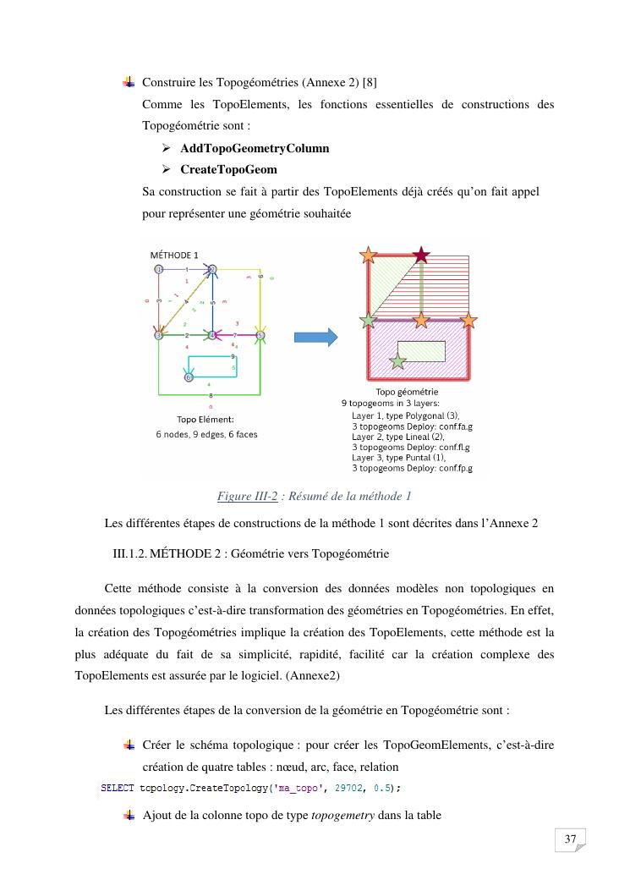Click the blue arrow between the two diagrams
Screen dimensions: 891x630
315,337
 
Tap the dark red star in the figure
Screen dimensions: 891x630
420,254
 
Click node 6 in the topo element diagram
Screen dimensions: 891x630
189,377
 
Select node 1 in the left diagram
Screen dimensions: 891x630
158,269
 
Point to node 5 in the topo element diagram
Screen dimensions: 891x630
260,336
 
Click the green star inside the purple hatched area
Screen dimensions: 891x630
397,362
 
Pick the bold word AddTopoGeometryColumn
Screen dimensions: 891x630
255,148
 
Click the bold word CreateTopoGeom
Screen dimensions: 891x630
228,169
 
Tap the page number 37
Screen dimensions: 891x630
570,839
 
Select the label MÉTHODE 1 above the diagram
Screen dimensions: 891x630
174,255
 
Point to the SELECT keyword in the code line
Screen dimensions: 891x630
118,788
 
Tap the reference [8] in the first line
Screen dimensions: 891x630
370,82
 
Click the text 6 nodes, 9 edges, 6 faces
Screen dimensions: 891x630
206,435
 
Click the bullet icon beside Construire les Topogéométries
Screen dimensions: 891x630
129,82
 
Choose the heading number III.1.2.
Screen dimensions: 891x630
129,554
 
